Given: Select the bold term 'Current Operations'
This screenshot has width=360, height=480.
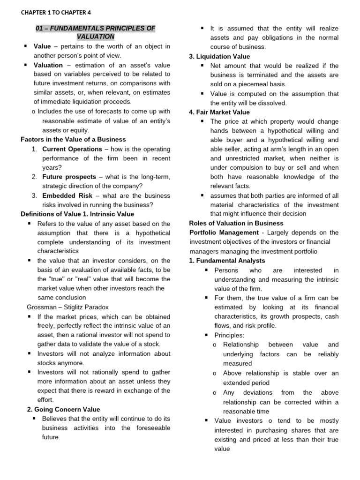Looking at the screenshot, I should coord(72,149).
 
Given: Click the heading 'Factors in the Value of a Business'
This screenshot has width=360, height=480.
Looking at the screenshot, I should coord(74,140).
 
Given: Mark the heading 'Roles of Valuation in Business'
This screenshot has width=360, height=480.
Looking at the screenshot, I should coord(236,223).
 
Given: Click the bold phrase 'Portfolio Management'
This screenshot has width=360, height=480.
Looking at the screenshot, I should coord(224,232).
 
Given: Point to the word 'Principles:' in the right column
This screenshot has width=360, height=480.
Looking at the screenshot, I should coord(229,335).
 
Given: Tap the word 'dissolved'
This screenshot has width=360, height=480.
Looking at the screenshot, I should coord(273,103).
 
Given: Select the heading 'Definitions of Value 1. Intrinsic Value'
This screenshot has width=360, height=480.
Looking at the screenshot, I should coord(77,214).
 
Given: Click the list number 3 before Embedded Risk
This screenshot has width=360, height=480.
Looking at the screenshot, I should coord(34,195).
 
